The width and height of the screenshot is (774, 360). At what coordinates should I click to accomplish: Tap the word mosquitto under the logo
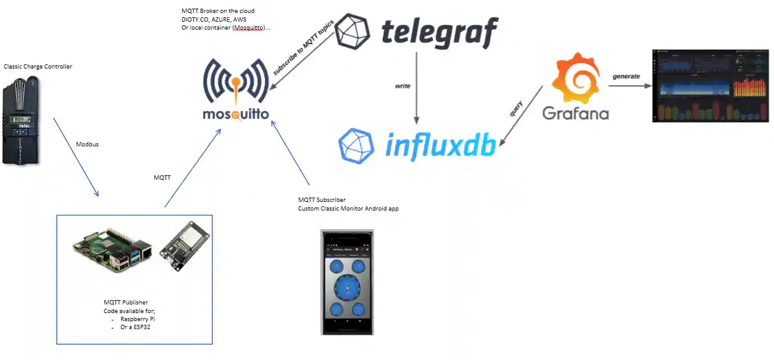236,114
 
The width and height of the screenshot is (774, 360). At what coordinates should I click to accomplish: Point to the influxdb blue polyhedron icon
356,146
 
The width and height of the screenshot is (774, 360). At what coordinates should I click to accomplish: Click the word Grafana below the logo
575,113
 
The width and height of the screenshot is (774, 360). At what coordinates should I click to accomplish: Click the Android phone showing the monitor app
347,282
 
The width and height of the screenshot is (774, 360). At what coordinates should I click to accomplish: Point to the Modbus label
87,144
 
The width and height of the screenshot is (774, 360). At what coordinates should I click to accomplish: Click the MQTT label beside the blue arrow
162,178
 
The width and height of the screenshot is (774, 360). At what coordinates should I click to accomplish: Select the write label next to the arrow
402,86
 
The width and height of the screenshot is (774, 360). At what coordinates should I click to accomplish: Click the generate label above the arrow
626,77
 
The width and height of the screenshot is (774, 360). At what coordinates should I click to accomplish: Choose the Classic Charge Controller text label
38,66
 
